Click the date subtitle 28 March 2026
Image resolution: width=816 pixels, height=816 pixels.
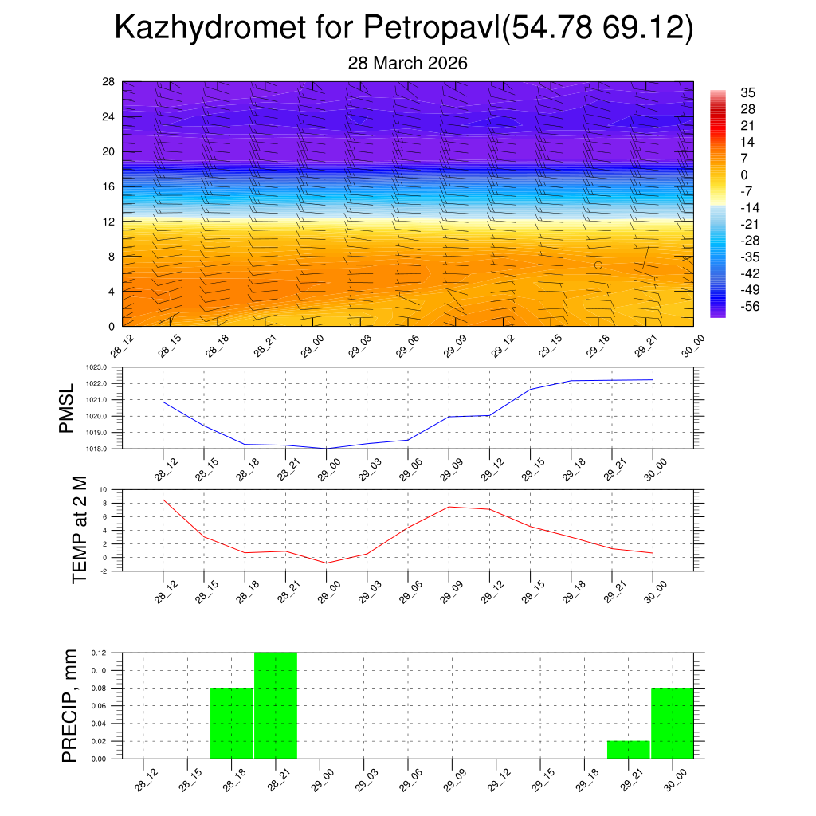[x=407, y=63]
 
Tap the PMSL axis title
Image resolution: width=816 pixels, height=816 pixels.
[x=66, y=408]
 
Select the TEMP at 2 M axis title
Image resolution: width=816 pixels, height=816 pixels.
[x=79, y=529]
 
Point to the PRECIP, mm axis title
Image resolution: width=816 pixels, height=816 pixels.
[x=69, y=706]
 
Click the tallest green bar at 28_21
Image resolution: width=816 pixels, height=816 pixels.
[x=276, y=706]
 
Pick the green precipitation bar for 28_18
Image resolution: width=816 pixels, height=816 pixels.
[x=232, y=723]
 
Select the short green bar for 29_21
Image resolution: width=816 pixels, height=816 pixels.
[x=628, y=750]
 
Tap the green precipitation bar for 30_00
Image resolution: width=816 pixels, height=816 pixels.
[x=672, y=723]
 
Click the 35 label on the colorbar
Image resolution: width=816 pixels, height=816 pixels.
[x=747, y=92]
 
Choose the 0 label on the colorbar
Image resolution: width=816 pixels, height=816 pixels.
[x=744, y=175]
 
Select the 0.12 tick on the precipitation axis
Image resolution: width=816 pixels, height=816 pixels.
[x=98, y=653]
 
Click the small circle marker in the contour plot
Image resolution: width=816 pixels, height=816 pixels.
[x=598, y=265]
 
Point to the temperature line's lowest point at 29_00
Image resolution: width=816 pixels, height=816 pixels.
[x=326, y=563]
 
